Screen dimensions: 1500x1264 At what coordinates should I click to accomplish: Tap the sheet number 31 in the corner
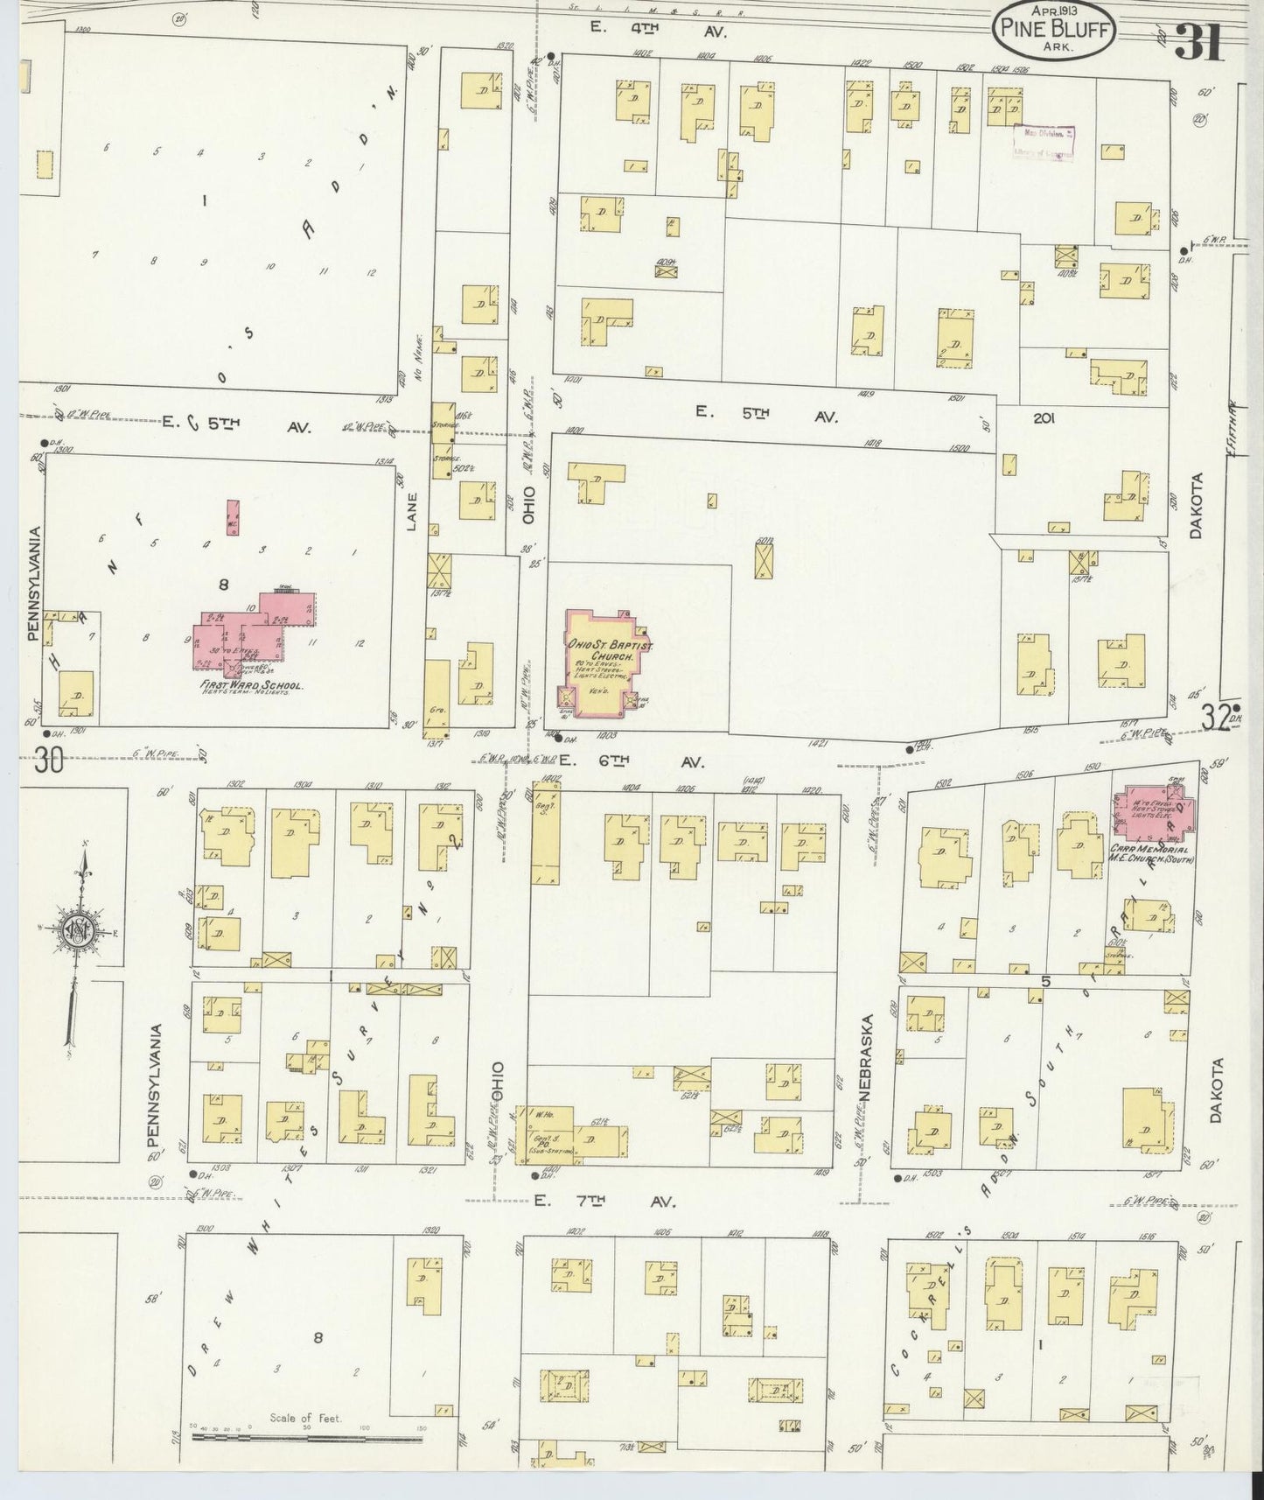pos(1199,40)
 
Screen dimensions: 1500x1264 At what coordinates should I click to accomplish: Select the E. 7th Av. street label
pos(604,1202)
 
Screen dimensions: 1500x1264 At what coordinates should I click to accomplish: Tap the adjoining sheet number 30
pos(49,762)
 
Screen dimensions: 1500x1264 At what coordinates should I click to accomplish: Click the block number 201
pos(1043,418)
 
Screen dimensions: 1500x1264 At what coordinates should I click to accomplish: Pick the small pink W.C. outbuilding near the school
pos(233,519)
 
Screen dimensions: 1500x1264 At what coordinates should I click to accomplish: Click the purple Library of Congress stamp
pos(1044,143)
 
